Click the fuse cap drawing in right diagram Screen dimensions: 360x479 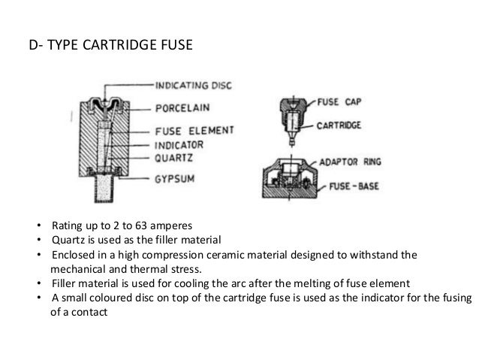click(293, 111)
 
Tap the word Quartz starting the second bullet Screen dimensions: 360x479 click(68, 241)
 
